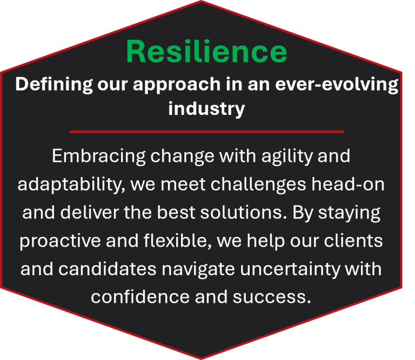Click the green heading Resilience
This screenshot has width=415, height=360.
(207, 51)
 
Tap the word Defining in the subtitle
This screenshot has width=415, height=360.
(54, 85)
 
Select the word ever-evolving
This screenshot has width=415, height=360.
(337, 85)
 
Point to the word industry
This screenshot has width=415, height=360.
(206, 109)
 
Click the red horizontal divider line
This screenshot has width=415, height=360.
(206, 132)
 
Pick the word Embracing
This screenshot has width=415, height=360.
(98, 157)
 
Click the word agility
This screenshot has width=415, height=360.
(287, 157)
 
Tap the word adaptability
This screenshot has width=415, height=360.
(71, 185)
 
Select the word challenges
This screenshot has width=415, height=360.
(258, 185)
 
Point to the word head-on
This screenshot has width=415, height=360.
(348, 184)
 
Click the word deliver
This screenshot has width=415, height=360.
(90, 212)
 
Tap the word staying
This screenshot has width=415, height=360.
(349, 213)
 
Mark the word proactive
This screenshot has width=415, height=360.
(61, 241)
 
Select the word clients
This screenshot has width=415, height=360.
(353, 241)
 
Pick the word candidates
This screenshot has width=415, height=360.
(107, 269)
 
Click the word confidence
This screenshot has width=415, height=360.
(140, 297)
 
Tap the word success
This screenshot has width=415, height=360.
(272, 297)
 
